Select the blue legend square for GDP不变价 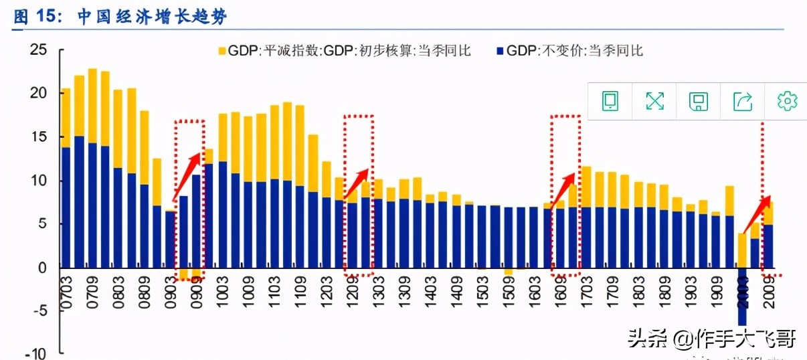(x=499, y=51)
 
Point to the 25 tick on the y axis (x=39, y=50)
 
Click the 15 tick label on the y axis (x=39, y=137)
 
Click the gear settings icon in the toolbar (x=787, y=101)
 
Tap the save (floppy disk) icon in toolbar (x=699, y=101)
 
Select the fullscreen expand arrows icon (x=654, y=101)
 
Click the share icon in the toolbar (x=743, y=101)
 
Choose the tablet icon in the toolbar (x=610, y=101)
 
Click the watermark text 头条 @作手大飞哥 (x=711, y=340)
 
